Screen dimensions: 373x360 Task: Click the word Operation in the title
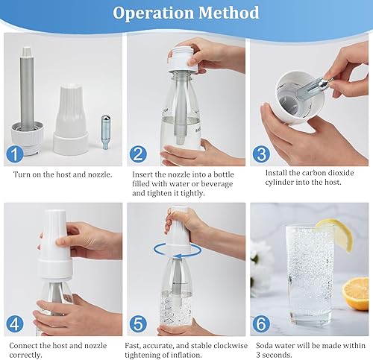pyautogui.click(x=153, y=13)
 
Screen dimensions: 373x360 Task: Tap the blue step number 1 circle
pyautogui.click(x=15, y=154)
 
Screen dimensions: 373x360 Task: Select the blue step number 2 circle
pyautogui.click(x=138, y=154)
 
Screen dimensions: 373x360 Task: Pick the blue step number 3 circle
pyautogui.click(x=261, y=154)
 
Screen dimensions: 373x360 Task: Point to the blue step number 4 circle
pyautogui.click(x=15, y=324)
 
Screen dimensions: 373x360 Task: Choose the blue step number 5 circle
pyautogui.click(x=138, y=324)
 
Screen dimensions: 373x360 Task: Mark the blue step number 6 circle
pyautogui.click(x=261, y=324)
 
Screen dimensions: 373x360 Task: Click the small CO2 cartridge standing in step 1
pyautogui.click(x=106, y=132)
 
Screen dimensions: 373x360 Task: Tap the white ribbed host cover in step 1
pyautogui.click(x=71, y=120)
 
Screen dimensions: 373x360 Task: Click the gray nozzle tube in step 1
pyautogui.click(x=27, y=89)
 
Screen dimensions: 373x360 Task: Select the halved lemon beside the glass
pyautogui.click(x=356, y=294)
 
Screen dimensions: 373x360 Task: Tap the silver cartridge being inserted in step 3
pyautogui.click(x=314, y=86)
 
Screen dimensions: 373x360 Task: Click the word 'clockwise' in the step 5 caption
pyautogui.click(x=231, y=346)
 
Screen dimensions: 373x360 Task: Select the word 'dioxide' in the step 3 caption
pyautogui.click(x=341, y=173)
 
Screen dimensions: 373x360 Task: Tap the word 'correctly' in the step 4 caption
pyautogui.click(x=25, y=355)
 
